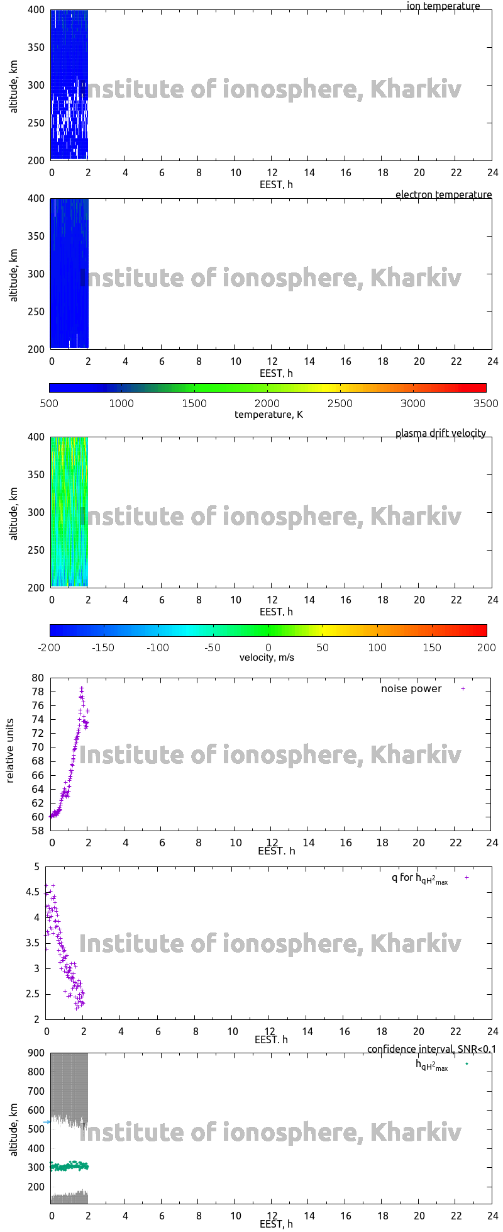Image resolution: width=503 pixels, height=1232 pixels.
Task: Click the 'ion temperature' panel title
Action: (443, 6)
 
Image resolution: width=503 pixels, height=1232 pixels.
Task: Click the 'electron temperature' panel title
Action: (443, 195)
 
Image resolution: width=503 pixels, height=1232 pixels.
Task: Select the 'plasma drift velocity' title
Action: (440, 433)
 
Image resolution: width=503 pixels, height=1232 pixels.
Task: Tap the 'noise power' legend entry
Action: (411, 689)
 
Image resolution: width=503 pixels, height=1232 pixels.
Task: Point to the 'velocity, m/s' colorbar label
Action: (267, 658)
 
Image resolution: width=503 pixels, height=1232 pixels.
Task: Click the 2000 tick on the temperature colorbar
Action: (267, 403)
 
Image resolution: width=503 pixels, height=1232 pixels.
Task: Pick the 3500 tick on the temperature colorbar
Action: (485, 403)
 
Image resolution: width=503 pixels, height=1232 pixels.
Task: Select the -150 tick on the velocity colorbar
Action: (103, 647)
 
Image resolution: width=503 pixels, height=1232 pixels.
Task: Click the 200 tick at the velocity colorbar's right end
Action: (487, 647)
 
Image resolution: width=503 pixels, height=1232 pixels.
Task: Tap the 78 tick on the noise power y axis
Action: (38, 692)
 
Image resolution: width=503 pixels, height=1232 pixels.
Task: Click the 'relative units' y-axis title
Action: (10, 754)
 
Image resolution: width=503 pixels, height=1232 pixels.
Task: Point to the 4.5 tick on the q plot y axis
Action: (33, 892)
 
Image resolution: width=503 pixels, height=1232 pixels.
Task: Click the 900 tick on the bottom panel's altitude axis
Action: (36, 1053)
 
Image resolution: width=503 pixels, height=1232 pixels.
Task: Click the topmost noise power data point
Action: (81, 688)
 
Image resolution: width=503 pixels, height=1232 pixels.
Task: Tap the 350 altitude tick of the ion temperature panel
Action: (36, 47)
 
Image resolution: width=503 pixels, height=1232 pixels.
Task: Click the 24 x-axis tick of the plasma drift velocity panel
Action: (492, 600)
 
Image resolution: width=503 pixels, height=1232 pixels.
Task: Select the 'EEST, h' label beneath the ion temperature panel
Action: (276, 185)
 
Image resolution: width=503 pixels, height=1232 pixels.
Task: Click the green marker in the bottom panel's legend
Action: (467, 1064)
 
